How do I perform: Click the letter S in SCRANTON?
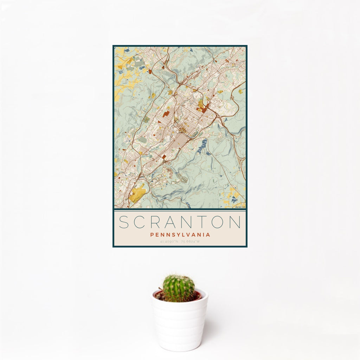(x=124, y=222)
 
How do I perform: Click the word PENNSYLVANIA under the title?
(x=180, y=235)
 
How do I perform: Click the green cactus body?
(x=178, y=288)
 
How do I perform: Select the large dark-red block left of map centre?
(x=166, y=114)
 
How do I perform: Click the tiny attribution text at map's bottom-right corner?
(x=240, y=207)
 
